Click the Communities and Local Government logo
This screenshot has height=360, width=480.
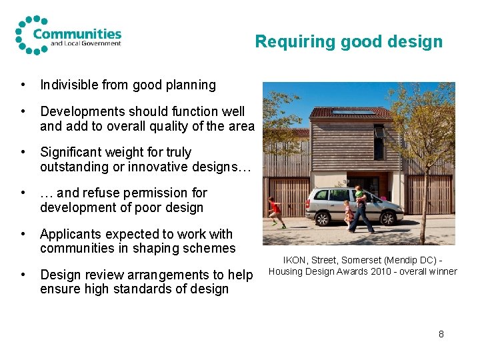(x=68, y=35)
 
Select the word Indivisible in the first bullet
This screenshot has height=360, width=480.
(x=71, y=85)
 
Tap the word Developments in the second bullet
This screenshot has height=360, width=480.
(x=80, y=112)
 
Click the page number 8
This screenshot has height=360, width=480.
(x=441, y=333)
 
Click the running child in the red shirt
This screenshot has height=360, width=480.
(x=274, y=211)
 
